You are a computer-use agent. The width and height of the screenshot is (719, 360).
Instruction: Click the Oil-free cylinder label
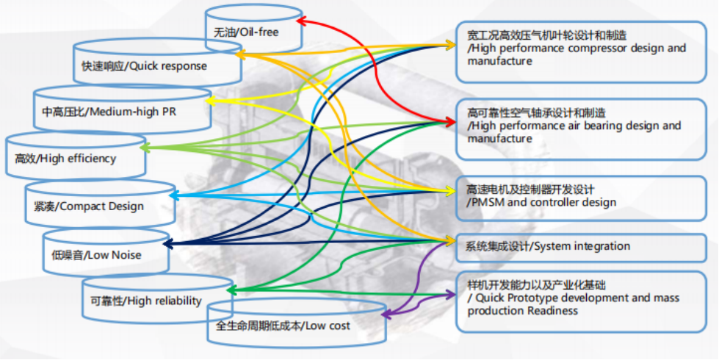(x=245, y=32)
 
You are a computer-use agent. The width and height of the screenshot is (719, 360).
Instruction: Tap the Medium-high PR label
(x=109, y=112)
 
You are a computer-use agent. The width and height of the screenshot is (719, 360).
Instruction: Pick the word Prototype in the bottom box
(x=534, y=298)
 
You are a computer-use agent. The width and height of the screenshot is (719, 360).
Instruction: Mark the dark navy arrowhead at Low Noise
(x=167, y=242)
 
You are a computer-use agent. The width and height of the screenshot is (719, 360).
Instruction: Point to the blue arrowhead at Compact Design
(x=174, y=195)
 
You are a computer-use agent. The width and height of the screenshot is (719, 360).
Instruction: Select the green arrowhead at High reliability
(x=231, y=291)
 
